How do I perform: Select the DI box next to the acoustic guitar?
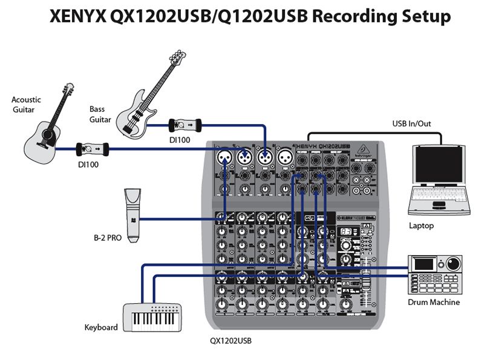[x=92, y=148]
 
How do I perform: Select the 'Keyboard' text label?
[x=101, y=327]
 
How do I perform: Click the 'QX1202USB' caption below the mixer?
[x=231, y=341]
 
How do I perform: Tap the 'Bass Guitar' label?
[x=100, y=114]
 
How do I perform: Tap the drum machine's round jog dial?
[x=451, y=264]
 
